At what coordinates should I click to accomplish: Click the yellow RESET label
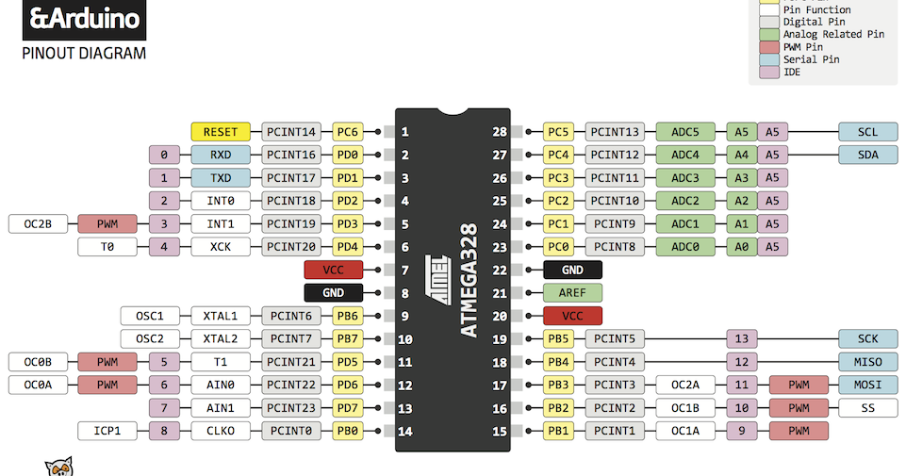221,132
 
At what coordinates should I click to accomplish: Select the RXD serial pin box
221,155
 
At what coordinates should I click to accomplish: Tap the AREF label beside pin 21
572,293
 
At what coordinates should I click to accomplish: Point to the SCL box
867,132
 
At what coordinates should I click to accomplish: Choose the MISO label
867,362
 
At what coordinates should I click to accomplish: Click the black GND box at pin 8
333,293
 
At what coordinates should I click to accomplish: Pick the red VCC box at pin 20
572,316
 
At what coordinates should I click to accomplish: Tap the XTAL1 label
221,316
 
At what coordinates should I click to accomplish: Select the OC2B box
38,224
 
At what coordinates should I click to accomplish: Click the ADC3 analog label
685,178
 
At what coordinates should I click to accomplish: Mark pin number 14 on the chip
404,432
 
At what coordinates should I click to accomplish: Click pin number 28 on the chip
500,132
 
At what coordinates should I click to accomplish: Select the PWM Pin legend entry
802,46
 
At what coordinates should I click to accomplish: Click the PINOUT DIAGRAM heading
84,54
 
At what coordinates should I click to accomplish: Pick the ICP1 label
107,431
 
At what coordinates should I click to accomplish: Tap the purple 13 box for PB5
741,339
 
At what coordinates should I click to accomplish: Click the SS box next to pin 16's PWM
867,408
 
